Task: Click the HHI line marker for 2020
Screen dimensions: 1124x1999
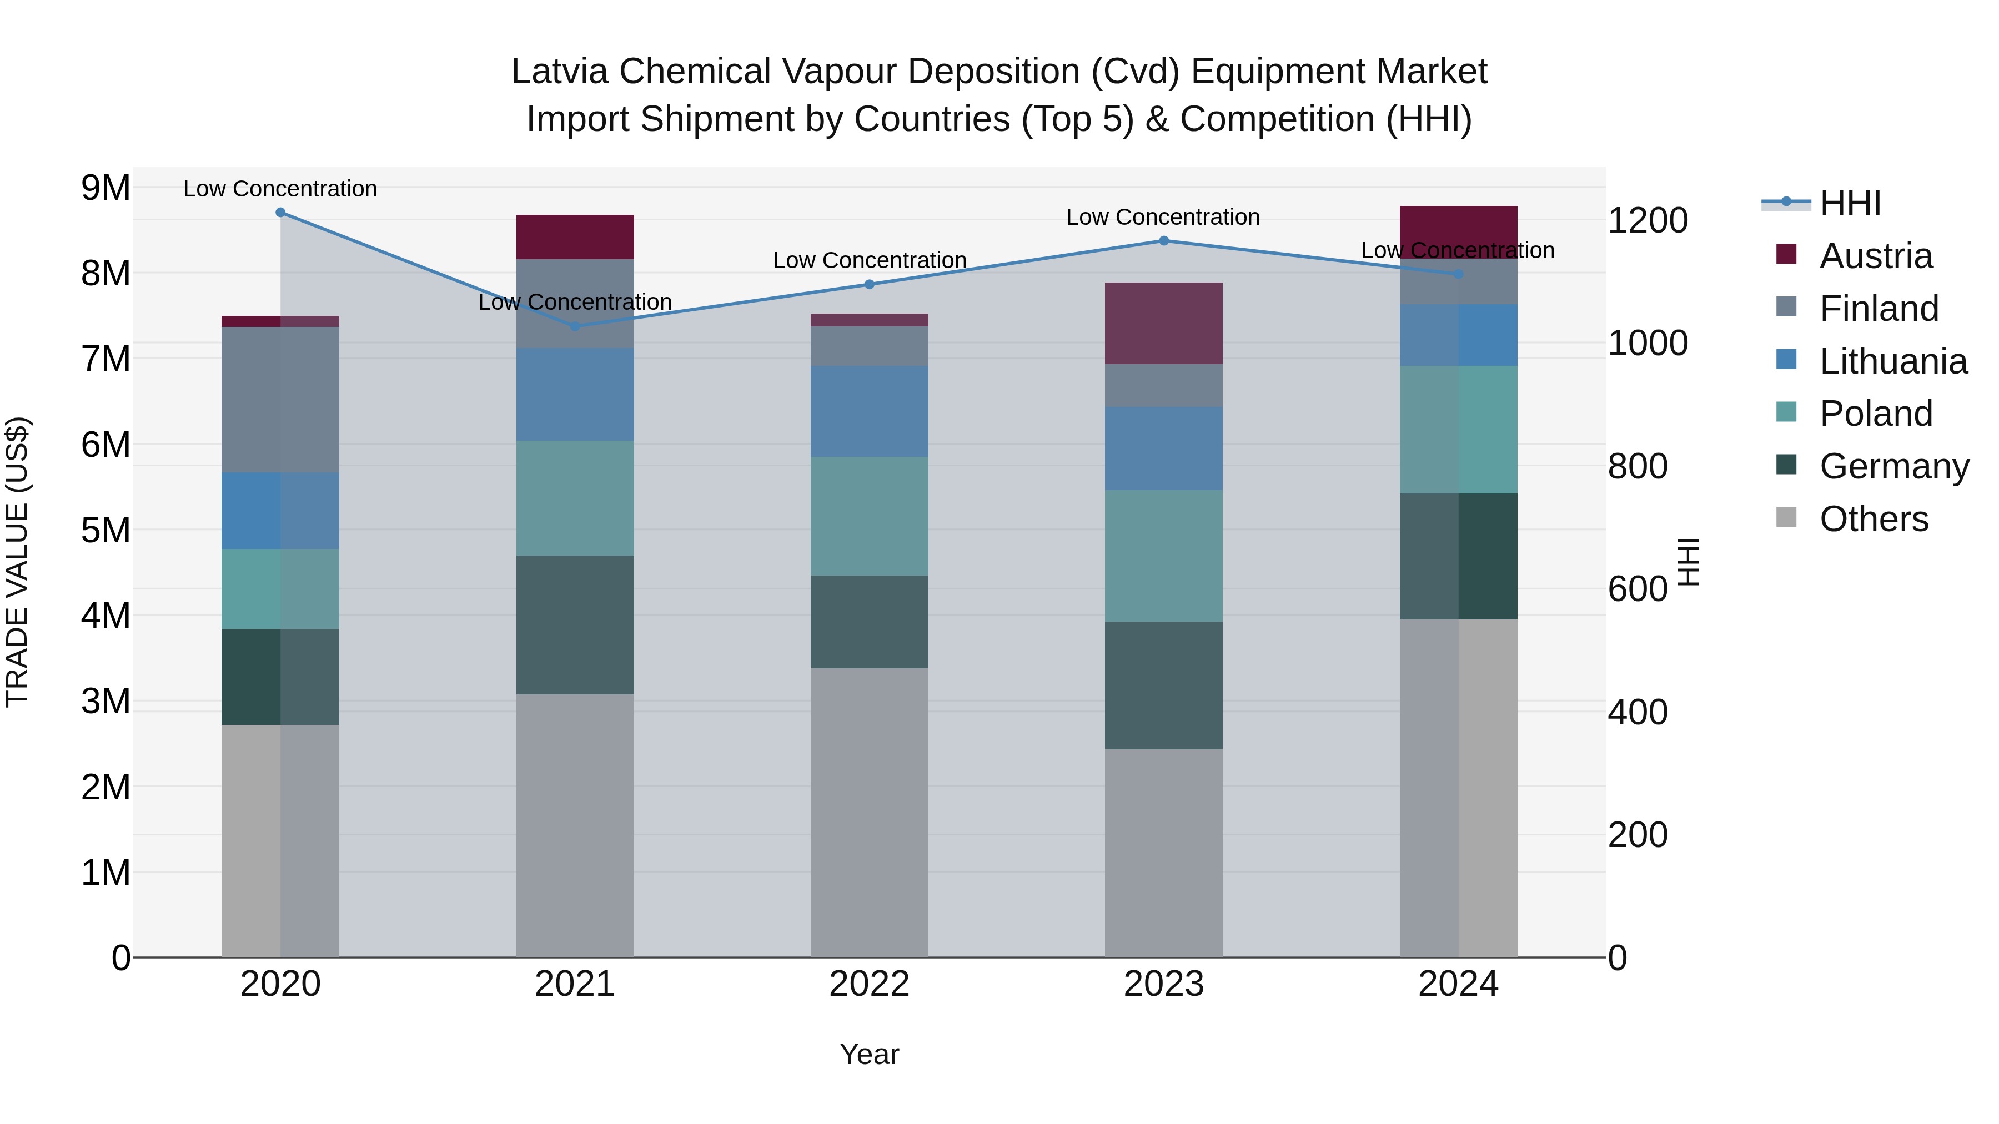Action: (x=281, y=213)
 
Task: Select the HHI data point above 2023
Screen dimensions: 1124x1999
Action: (x=1163, y=241)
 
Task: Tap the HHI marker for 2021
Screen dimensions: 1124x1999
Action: (x=575, y=326)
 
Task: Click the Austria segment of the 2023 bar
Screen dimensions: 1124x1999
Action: (x=1163, y=324)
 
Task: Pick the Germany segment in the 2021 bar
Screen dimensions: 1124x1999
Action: (x=575, y=624)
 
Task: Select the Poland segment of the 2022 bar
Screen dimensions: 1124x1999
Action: (x=869, y=516)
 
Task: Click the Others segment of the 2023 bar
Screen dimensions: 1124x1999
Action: (x=1163, y=853)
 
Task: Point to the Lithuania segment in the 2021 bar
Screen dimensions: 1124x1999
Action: (x=575, y=394)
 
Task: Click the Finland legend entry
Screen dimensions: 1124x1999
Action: (x=1878, y=309)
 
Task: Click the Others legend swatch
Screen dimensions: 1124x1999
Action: (x=1786, y=517)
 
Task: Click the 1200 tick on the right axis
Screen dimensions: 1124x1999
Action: (x=1648, y=220)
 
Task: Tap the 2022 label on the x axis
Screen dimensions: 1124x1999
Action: (x=869, y=984)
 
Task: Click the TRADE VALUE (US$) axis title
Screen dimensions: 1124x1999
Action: (x=18, y=562)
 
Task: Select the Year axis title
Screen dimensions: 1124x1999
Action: (x=869, y=1054)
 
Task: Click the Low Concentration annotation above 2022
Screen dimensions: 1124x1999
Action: (x=869, y=261)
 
